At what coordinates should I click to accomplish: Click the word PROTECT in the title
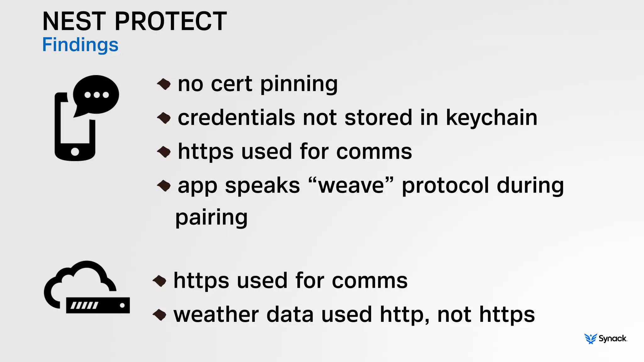[x=170, y=21]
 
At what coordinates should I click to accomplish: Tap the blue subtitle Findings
[x=80, y=45]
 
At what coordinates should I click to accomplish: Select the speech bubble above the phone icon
[x=96, y=95]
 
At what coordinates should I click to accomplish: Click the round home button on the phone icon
[x=75, y=152]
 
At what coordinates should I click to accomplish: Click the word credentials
[x=236, y=118]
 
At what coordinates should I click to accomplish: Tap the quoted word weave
[x=351, y=185]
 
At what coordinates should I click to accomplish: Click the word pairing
[x=211, y=217]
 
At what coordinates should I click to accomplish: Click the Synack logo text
[x=613, y=338]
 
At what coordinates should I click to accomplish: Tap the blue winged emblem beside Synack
[x=590, y=339]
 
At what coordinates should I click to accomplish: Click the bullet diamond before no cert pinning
[x=164, y=84]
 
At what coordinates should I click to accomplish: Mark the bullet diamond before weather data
[x=159, y=315]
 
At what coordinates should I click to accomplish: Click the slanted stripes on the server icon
[x=84, y=305]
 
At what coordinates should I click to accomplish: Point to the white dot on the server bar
[x=122, y=305]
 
